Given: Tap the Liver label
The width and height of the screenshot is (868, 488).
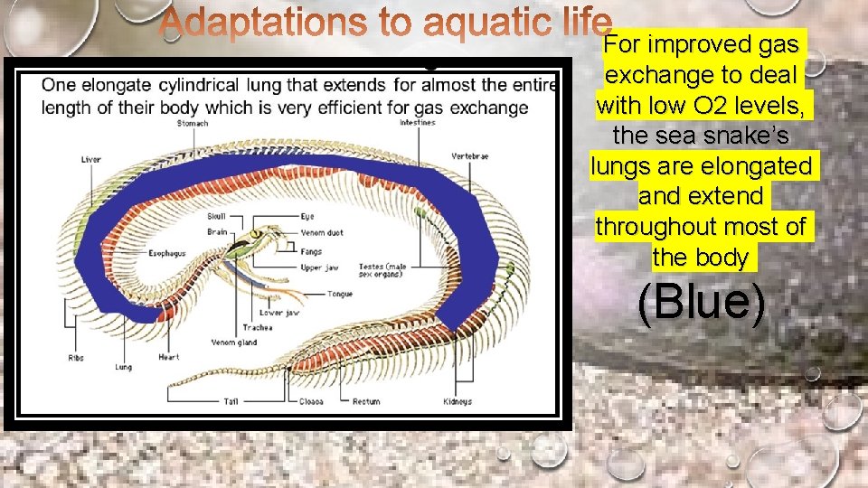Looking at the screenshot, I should click(x=90, y=160).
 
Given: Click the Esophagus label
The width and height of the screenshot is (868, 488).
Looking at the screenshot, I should click(x=166, y=253).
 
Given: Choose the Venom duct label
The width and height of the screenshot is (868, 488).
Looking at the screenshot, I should click(x=322, y=232).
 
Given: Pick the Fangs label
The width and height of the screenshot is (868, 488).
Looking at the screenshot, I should click(x=312, y=251).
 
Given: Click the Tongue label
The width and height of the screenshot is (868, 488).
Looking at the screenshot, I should click(x=339, y=294).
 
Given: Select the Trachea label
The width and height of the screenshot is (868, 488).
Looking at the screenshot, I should click(x=257, y=327).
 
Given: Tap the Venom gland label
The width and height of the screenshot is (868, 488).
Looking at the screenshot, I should click(x=234, y=343).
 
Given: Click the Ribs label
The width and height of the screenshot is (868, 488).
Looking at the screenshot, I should click(x=77, y=358).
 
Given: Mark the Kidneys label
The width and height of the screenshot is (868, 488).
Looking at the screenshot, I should click(x=458, y=401).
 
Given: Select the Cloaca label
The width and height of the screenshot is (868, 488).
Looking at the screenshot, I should click(x=312, y=402).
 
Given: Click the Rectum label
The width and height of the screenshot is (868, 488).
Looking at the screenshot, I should click(x=366, y=402).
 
